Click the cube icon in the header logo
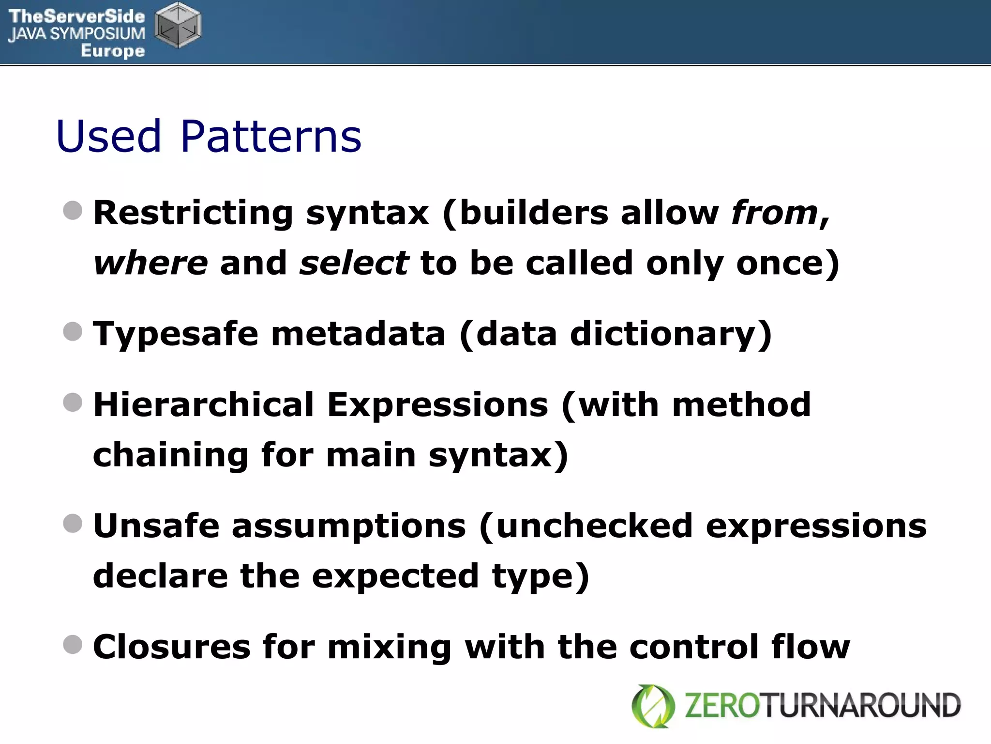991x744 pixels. coord(178,25)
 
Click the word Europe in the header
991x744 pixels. coord(113,50)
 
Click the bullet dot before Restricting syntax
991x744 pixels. coord(73,210)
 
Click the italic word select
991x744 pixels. coord(354,263)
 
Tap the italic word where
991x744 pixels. coord(150,263)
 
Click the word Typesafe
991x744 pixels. coord(176,334)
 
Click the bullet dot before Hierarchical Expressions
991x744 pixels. coord(73,402)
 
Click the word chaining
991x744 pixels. coord(171,455)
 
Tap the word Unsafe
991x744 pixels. coord(156,526)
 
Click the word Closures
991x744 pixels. coord(172,647)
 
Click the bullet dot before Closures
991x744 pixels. coord(73,645)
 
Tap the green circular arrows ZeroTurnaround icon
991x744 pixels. coord(653,706)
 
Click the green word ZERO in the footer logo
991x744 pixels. coord(723,706)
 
